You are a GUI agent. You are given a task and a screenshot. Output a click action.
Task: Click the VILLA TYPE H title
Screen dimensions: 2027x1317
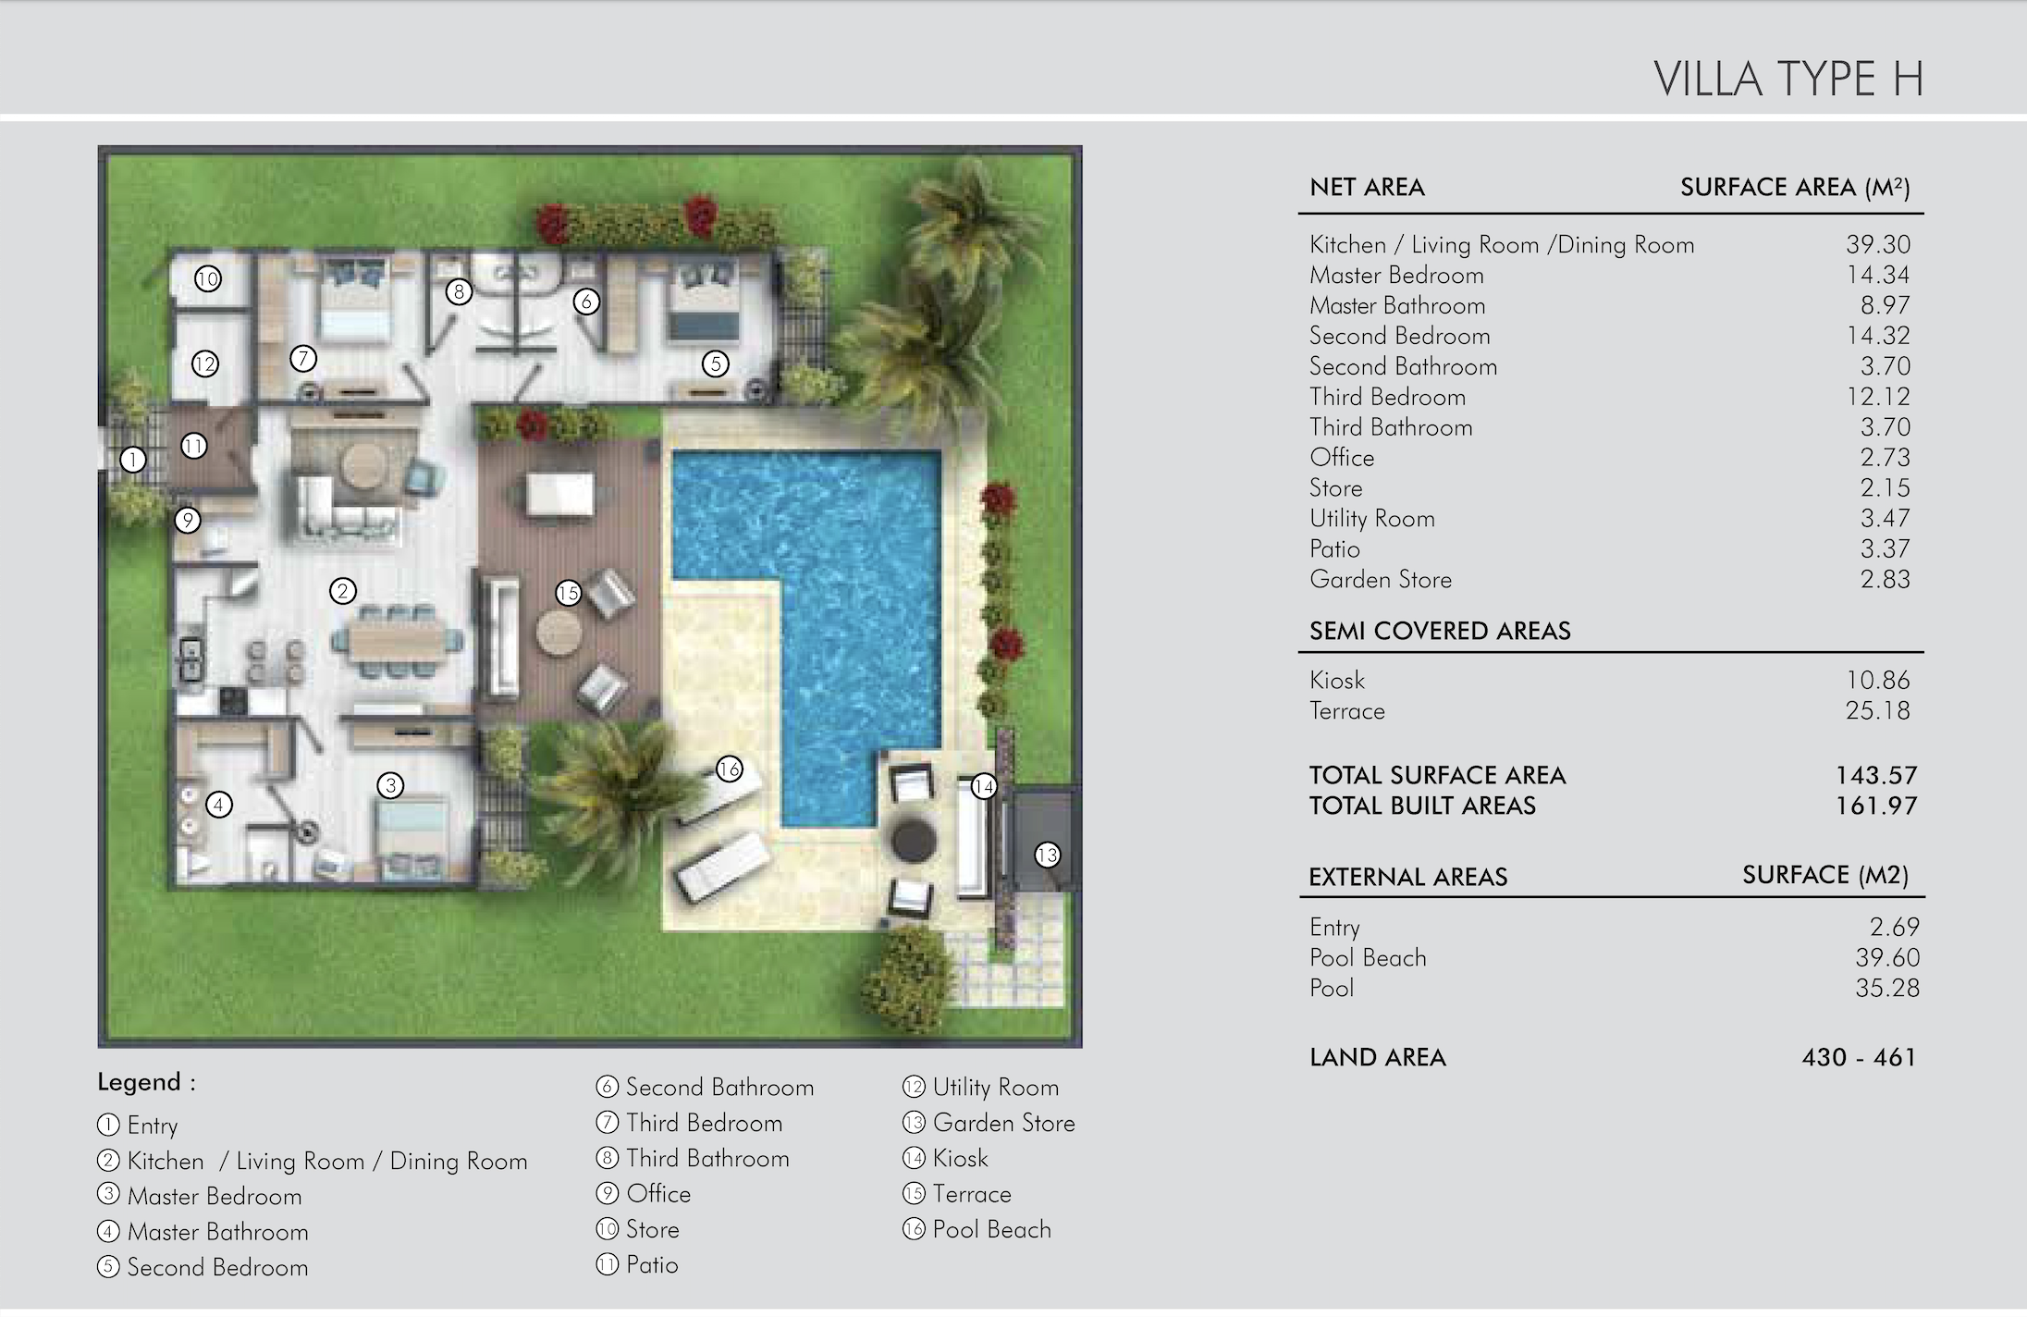tap(1788, 79)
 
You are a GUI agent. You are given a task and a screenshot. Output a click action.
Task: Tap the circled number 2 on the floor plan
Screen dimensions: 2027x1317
tap(342, 591)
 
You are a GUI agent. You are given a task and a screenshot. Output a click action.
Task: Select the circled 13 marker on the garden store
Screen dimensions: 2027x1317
tap(1047, 855)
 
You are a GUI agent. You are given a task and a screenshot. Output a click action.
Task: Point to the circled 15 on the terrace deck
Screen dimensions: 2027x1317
tap(568, 593)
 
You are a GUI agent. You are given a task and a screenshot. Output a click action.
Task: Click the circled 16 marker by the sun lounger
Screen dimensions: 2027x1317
tap(730, 769)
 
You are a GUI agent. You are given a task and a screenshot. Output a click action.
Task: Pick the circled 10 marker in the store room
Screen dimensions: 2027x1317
tap(208, 278)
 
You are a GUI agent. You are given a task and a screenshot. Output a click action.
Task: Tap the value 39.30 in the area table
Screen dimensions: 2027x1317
tap(1878, 244)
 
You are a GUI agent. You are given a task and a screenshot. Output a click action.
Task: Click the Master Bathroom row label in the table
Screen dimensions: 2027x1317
tap(1397, 305)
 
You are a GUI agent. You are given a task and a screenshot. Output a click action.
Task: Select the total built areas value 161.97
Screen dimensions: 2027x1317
tap(1876, 806)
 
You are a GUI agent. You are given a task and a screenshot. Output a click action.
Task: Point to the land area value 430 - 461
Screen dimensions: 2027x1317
tap(1859, 1057)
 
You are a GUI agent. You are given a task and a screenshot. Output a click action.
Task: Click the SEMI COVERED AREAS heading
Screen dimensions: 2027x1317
tap(1440, 631)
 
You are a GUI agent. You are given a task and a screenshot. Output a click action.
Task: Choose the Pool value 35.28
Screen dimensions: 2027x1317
tap(1887, 988)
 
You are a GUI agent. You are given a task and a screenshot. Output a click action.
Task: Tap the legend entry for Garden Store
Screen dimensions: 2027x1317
tap(989, 1123)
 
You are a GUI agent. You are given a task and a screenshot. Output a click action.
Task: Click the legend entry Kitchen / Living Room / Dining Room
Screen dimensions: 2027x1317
tap(312, 1161)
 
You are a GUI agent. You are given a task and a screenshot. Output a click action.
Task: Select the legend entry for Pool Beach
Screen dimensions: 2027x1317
tap(977, 1229)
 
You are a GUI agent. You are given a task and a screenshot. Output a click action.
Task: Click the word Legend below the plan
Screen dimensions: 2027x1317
tap(139, 1082)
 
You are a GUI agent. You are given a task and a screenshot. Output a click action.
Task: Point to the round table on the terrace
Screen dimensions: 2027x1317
tap(559, 634)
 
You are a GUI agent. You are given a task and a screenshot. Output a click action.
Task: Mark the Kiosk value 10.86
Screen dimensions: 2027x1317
tap(1878, 680)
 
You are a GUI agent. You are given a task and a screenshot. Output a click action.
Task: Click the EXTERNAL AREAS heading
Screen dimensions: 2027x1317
tap(1408, 877)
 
